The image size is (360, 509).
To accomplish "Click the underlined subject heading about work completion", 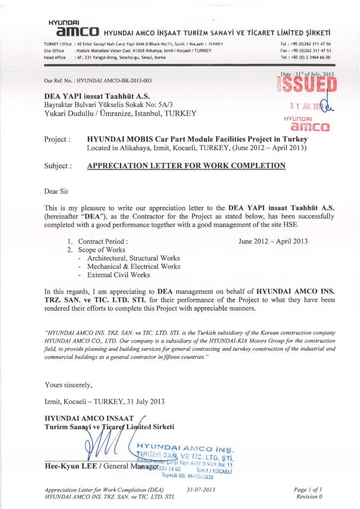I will click(186, 166).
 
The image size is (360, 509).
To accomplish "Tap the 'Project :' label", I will click(57, 140).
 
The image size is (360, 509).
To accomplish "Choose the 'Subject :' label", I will click(58, 166).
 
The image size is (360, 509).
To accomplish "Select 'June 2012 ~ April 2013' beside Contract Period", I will click(273, 241).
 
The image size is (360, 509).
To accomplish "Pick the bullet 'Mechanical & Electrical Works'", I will click(134, 266).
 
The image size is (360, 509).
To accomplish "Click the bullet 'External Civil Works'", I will click(118, 274).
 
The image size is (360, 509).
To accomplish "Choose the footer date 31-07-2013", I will click(201, 489).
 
